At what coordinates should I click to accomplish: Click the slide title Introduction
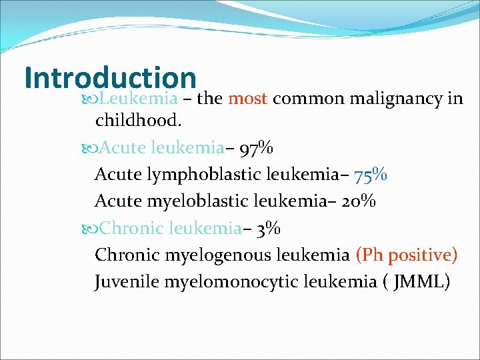click(110, 77)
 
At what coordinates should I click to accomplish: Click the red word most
click(247, 99)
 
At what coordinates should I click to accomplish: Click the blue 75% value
click(371, 175)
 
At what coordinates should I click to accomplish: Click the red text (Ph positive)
click(407, 255)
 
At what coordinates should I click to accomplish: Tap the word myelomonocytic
click(232, 281)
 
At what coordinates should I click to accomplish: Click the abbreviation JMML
click(418, 281)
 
